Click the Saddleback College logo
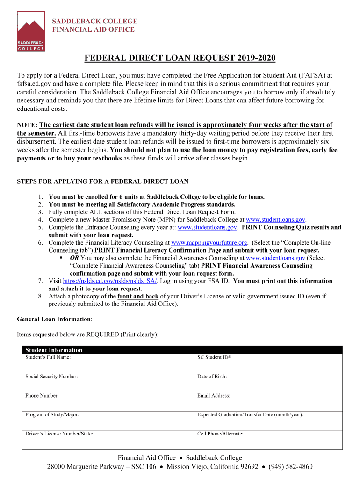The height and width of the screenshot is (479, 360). (31, 31)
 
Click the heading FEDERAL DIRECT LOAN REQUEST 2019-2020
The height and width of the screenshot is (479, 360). (180, 58)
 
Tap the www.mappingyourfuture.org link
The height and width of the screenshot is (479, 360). (209, 243)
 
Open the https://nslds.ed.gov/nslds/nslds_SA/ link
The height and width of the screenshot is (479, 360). (110, 281)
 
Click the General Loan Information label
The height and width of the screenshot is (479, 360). (54, 319)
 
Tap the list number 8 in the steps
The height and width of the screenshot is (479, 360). (41, 297)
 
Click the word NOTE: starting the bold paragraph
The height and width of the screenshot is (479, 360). (27, 125)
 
